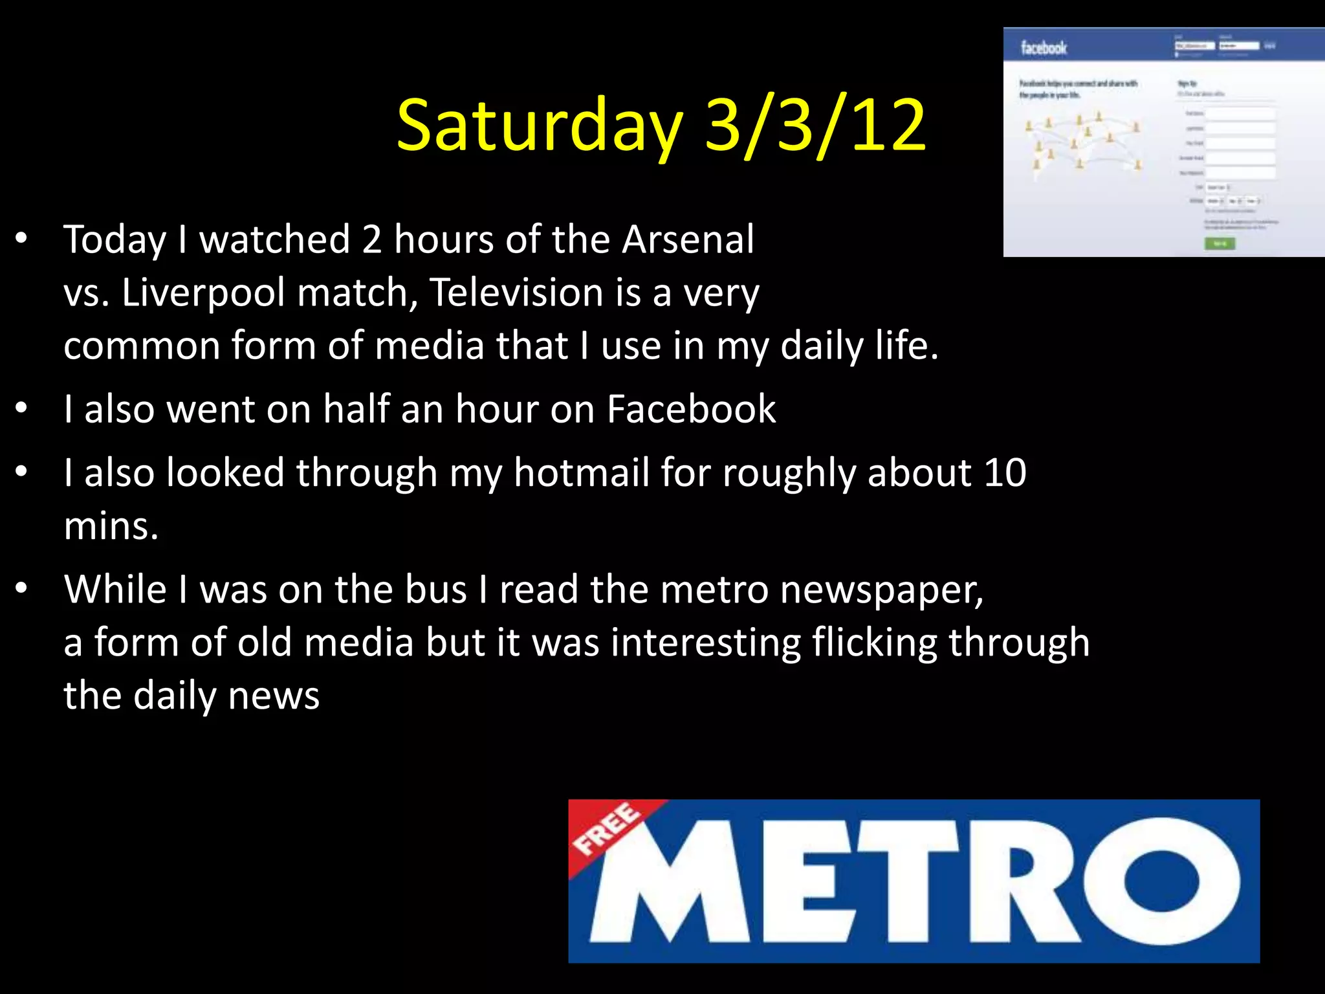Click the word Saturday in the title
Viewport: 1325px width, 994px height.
[x=540, y=126]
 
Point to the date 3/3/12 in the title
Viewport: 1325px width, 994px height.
[x=815, y=126]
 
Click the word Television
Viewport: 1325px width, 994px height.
[x=516, y=293]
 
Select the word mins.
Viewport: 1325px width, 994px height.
[x=111, y=525]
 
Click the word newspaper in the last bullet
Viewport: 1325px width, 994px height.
[x=881, y=590]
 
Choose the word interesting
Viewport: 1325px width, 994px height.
[x=705, y=643]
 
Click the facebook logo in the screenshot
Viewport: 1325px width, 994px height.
[x=1044, y=47]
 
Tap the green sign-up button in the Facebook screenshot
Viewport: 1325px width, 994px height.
[x=1219, y=243]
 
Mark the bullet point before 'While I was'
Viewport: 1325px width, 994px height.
[x=22, y=588]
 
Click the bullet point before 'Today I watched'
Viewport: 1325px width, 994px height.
[x=22, y=238]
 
